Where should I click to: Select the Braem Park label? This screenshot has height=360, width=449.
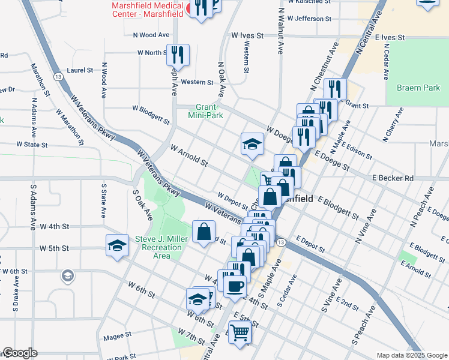pos(418,88)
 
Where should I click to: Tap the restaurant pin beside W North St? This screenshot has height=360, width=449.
pos(178,55)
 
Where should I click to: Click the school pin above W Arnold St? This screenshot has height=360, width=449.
pos(253,144)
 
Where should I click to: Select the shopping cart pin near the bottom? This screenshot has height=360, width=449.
pos(240,331)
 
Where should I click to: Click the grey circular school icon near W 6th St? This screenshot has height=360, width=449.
pos(67,276)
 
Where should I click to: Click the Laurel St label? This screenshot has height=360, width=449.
pos(80,70)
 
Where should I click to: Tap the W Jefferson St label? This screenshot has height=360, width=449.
pos(309,19)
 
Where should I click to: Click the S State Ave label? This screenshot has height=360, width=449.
pos(103,200)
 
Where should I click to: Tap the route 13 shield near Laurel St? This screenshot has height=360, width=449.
pos(58,77)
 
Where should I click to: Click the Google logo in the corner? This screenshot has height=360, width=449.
pos(19,353)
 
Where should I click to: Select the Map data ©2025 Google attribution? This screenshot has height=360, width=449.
pos(411,355)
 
